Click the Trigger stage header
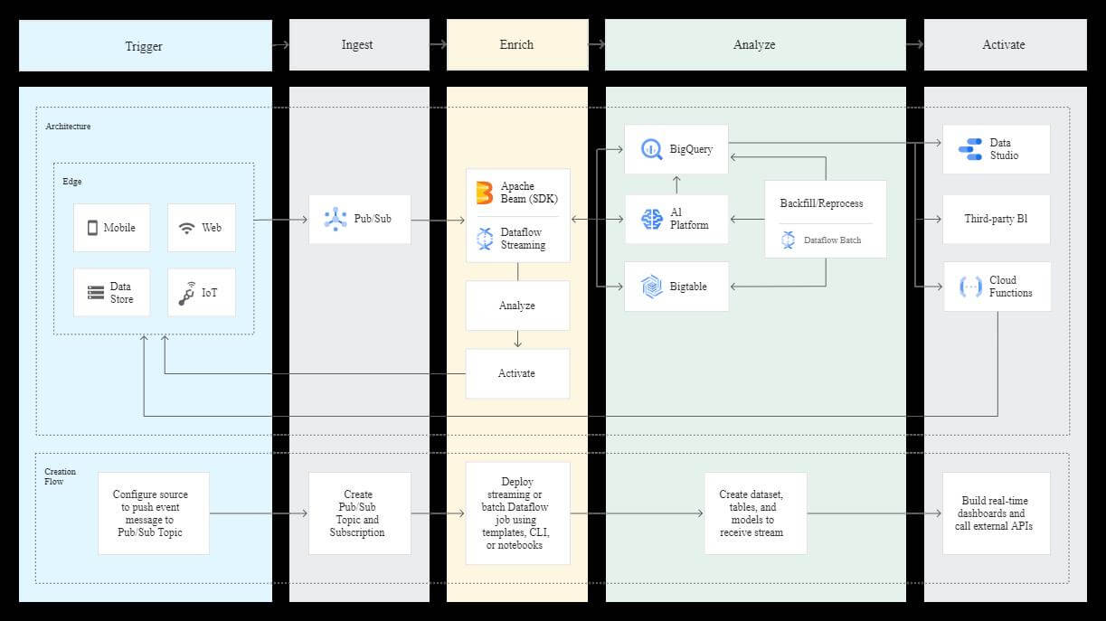[x=145, y=45]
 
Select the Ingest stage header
[x=358, y=45]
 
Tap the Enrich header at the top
[x=516, y=45]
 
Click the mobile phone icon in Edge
[x=92, y=228]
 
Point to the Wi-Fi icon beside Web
[x=186, y=228]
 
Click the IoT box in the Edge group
[x=201, y=293]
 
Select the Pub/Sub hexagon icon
[x=336, y=219]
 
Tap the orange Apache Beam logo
[x=485, y=193]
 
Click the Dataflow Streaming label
[x=523, y=239]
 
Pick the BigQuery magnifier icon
[x=652, y=149]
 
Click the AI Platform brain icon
[x=652, y=219]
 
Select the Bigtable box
[x=676, y=287]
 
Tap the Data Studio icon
[x=969, y=149]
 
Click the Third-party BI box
[x=997, y=219]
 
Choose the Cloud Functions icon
[x=969, y=287]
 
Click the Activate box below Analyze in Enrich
[x=517, y=373]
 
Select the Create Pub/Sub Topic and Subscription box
[x=359, y=513]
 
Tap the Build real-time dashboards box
[x=996, y=513]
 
